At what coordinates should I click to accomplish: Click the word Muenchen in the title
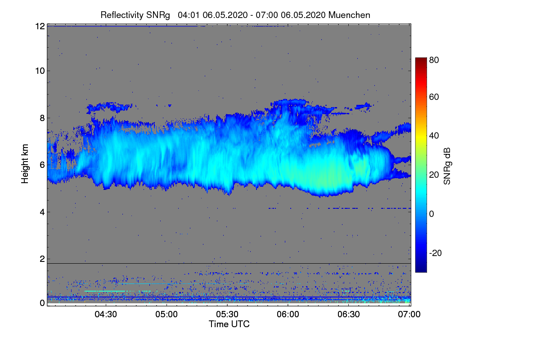349,15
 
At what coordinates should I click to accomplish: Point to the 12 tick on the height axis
40,26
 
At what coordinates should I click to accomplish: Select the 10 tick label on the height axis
40,71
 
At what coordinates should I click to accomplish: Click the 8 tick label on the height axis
42,118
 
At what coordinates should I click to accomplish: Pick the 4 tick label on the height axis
42,212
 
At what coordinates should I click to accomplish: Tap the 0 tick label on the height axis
42,303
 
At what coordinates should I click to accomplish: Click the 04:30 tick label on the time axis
106,314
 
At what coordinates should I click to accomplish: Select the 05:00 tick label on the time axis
167,314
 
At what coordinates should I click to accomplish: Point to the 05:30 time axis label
228,314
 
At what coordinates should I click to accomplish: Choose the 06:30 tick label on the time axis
349,314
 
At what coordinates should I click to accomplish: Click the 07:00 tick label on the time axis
410,314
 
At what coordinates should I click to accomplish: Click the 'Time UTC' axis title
229,324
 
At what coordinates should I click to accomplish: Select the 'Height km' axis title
25,164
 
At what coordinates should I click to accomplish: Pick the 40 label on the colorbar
434,135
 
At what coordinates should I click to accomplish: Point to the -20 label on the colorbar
435,253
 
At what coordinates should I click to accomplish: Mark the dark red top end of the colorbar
421,59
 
